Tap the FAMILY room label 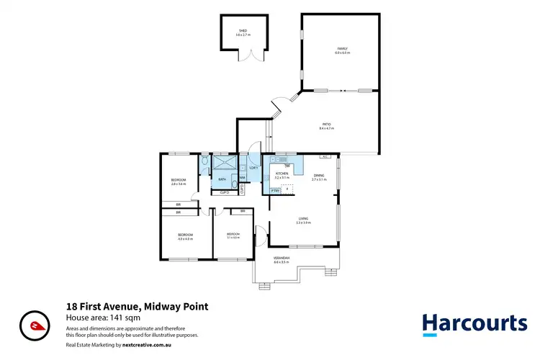[x=342, y=50]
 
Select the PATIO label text [x=327, y=125]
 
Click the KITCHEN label [x=282, y=174]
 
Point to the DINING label [x=319, y=176]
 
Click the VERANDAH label [x=281, y=258]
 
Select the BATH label [x=222, y=179]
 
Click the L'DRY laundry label [x=253, y=168]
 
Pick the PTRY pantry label [x=275, y=190]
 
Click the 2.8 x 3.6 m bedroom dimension [x=179, y=184]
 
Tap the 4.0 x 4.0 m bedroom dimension [x=186, y=239]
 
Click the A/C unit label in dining [x=325, y=156]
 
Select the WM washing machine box [x=243, y=177]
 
